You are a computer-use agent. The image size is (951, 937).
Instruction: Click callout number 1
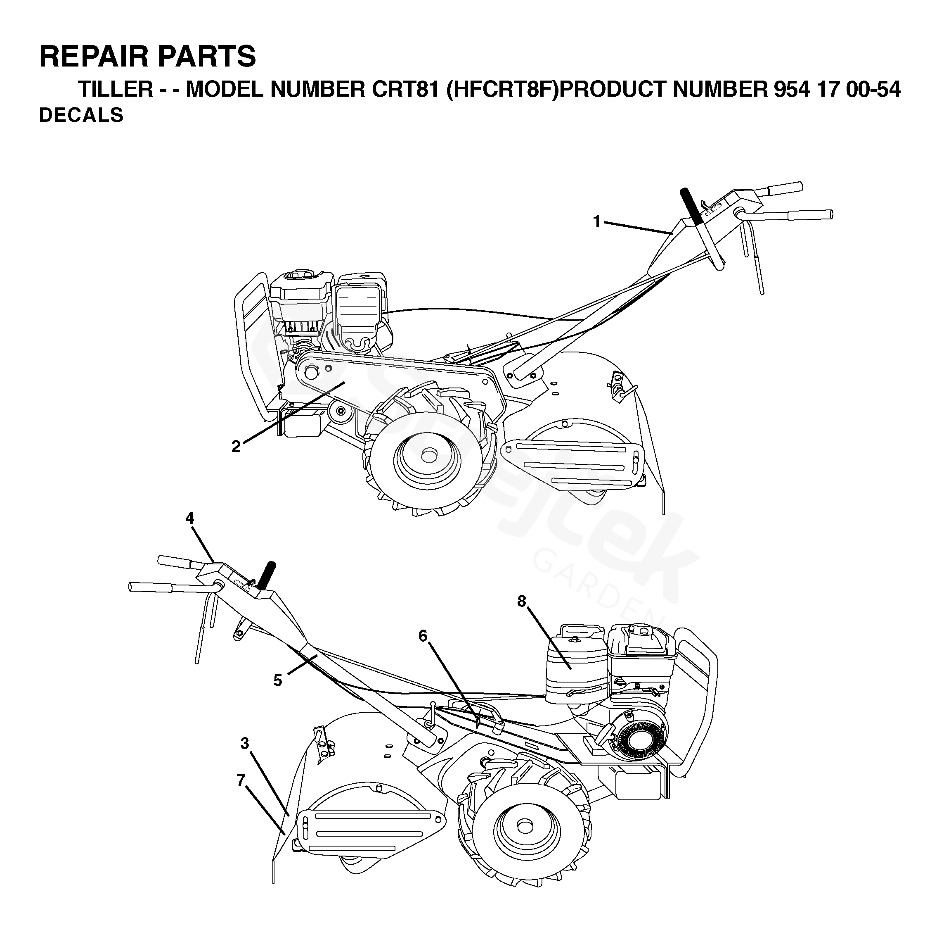pos(596,221)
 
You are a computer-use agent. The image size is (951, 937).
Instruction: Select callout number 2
pos(236,446)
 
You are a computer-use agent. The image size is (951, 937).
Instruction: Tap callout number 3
pos(245,743)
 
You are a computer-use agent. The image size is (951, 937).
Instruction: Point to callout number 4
pos(189,518)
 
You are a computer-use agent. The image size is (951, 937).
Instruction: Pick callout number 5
pos(278,680)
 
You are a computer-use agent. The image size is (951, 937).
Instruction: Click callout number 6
pos(423,636)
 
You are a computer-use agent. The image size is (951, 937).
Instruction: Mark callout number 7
pos(241,780)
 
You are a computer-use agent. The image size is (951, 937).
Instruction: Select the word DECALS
pos(81,115)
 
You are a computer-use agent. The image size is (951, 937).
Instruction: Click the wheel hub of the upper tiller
pos(429,454)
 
